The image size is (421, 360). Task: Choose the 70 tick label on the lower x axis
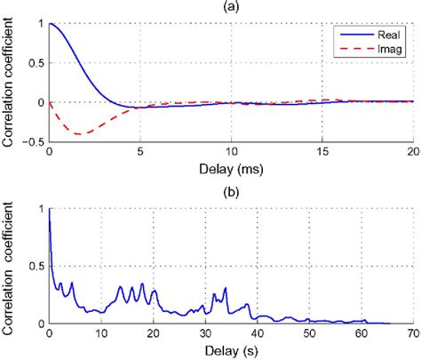coord(411,334)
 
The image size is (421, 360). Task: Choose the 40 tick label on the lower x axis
coord(257,334)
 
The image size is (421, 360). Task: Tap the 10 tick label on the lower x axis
coord(101,334)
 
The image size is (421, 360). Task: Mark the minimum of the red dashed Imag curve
coord(81,134)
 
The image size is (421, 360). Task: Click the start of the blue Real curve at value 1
coord(50,25)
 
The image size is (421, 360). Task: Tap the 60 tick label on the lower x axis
coord(360,334)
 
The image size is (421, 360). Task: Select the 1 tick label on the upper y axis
coord(39,24)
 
